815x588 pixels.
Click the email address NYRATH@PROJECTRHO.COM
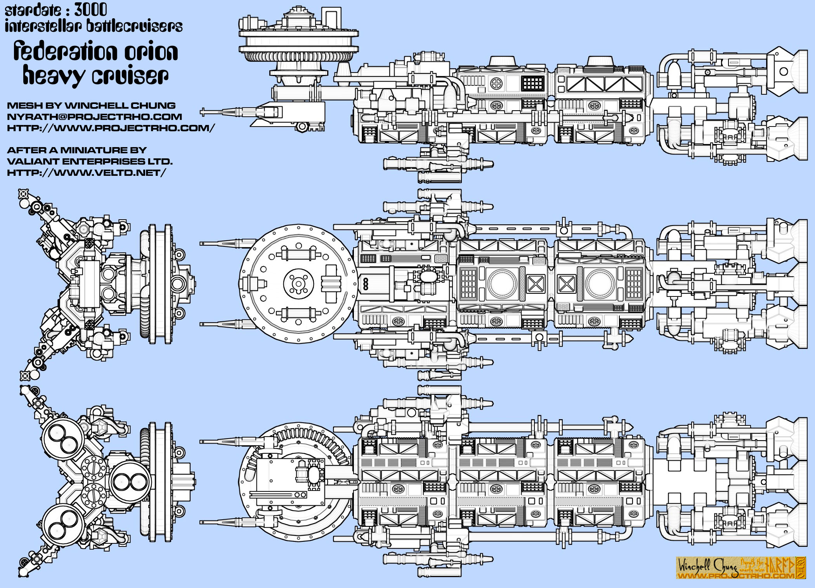94,117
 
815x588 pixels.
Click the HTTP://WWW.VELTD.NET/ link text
86,173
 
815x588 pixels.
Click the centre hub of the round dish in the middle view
298,283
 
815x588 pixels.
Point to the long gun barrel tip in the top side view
203,112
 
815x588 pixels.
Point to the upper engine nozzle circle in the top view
783,71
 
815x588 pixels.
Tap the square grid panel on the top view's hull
533,83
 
